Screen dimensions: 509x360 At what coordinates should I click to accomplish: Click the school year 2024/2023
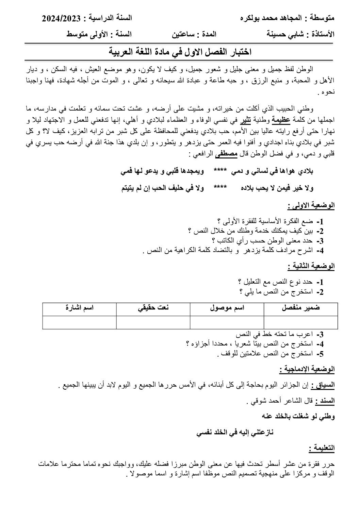click(x=60, y=18)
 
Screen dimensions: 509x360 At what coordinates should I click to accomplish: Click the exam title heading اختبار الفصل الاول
click(x=180, y=52)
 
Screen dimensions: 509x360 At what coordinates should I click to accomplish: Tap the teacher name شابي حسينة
click(x=285, y=34)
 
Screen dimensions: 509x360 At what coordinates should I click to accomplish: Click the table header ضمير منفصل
click(x=301, y=308)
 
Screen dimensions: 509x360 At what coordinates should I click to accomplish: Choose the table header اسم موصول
click(x=227, y=308)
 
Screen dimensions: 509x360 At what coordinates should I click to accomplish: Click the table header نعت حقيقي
click(x=153, y=308)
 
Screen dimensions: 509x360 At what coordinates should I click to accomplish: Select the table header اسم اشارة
click(x=80, y=308)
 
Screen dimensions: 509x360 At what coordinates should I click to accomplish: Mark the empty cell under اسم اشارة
click(x=80, y=322)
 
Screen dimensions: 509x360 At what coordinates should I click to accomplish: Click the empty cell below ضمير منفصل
click(x=301, y=322)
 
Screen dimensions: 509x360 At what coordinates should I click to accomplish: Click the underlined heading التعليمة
click(x=322, y=448)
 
